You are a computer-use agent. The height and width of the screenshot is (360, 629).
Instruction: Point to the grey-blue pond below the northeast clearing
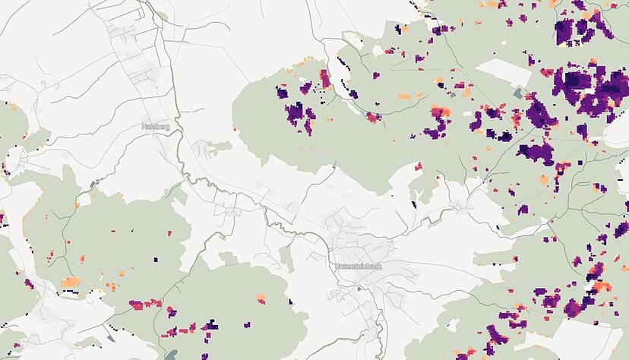click(518, 93)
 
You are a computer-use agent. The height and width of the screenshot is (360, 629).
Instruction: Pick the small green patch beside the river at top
click(162, 16)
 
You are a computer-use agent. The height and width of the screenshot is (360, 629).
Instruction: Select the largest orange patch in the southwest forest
click(70, 283)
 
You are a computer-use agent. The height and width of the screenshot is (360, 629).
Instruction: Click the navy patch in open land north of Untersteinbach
click(414, 204)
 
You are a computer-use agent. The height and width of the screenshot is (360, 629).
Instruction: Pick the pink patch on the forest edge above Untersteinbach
click(418, 166)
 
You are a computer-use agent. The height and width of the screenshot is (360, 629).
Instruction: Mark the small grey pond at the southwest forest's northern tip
click(94, 184)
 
